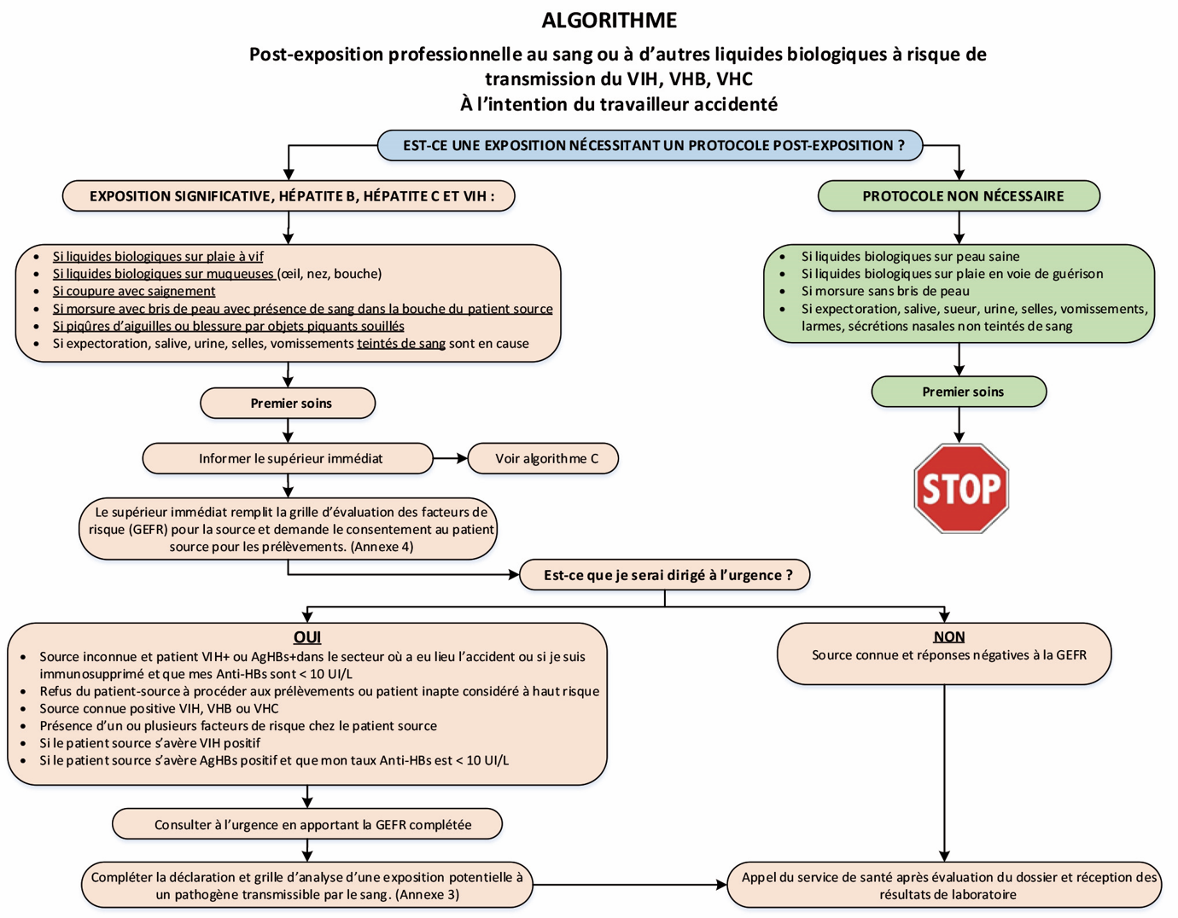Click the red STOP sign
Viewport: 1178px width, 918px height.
[x=961, y=488]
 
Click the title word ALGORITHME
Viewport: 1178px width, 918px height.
[x=609, y=20]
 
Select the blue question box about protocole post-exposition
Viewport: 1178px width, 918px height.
[x=650, y=145]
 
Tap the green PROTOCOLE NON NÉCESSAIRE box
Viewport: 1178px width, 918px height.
[x=959, y=195]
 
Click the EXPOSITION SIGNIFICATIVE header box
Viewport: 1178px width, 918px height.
[x=289, y=195]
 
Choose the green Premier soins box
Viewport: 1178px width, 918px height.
[x=959, y=392]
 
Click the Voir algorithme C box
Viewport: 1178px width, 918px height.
[x=544, y=458]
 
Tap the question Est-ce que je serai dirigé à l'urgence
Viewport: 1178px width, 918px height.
[x=665, y=575]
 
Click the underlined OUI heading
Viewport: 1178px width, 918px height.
[x=306, y=637]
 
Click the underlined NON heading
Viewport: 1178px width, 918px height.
[x=948, y=636]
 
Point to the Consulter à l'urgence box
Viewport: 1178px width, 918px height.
[x=307, y=824]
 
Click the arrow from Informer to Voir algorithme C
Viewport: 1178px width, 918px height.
[x=451, y=458]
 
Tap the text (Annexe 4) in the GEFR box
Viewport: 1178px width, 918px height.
[x=382, y=547]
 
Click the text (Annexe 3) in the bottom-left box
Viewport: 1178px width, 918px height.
[x=427, y=895]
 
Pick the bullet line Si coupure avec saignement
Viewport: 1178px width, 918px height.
[x=133, y=291]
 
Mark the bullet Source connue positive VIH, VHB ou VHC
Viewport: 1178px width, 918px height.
[x=159, y=708]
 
